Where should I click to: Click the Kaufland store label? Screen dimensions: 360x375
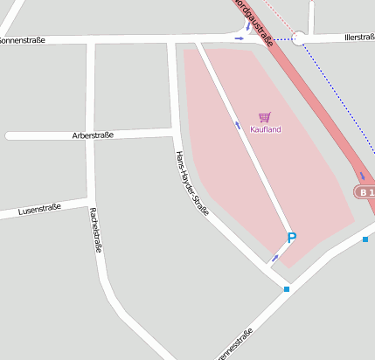click(265, 129)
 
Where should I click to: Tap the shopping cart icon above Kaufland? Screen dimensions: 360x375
click(265, 117)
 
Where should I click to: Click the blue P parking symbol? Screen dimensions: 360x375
click(292, 238)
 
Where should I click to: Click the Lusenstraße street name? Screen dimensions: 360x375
click(38, 209)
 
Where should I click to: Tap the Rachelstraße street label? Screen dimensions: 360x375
click(95, 229)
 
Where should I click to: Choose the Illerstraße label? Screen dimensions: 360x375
click(359, 37)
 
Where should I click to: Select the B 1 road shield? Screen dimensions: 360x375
click(365, 192)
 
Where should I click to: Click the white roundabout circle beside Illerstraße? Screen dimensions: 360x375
click(300, 38)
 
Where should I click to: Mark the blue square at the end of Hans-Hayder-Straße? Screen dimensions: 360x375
click(286, 288)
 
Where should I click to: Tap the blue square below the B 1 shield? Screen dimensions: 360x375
click(365, 239)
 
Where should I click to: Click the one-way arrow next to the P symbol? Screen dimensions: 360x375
click(275, 257)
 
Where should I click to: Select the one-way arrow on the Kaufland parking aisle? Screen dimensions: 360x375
click(238, 125)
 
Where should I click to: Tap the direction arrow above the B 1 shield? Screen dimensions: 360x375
click(362, 176)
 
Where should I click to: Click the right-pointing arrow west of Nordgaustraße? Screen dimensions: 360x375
click(240, 38)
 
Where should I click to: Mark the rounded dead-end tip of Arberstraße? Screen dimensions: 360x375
click(9, 136)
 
